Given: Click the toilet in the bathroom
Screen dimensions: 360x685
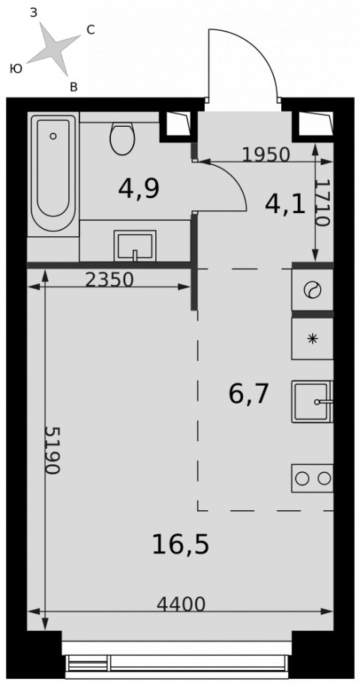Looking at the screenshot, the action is click(122, 138).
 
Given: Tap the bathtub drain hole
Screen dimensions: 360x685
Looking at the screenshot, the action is click(52, 136).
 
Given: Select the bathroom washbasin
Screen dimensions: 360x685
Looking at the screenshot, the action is click(134, 246).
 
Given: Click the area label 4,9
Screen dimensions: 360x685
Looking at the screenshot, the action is click(139, 189).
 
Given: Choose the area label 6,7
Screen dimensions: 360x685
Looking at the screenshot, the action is click(247, 395).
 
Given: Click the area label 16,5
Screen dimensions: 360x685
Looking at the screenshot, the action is click(181, 545).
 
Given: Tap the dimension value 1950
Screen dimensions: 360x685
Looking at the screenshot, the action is click(266, 155).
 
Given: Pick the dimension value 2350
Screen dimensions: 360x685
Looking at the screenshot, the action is click(109, 280).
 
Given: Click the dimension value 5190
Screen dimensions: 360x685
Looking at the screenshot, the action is click(52, 450).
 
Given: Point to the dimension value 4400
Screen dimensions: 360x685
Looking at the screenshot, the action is click(181, 605).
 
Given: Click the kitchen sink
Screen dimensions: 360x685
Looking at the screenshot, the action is click(313, 401).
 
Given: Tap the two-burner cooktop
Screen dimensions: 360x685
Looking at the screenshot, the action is click(313, 479).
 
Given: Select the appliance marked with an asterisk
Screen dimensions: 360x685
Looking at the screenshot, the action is click(313, 338).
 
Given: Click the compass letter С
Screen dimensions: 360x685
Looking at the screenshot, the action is click(91, 30).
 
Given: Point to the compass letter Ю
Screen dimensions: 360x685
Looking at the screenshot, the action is click(16, 68).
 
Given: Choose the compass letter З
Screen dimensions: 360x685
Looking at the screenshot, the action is click(34, 13).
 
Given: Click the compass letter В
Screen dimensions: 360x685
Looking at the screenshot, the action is click(73, 87).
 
